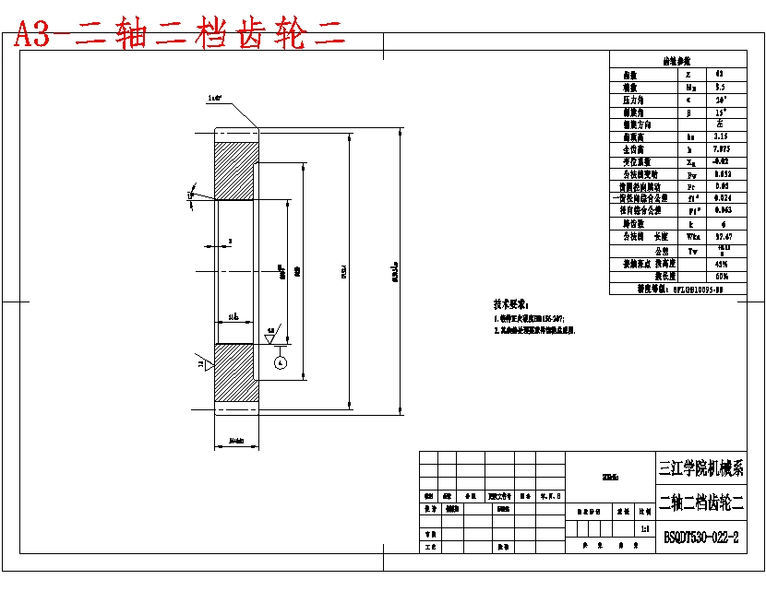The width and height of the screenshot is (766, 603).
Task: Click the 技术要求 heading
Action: pos(513,303)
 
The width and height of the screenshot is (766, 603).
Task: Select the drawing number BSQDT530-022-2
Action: pos(701,537)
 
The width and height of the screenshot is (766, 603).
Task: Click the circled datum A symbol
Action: pos(280,363)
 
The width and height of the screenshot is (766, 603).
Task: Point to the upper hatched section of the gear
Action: pos(236,170)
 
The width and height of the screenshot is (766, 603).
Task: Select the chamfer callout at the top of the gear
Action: pos(217,97)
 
